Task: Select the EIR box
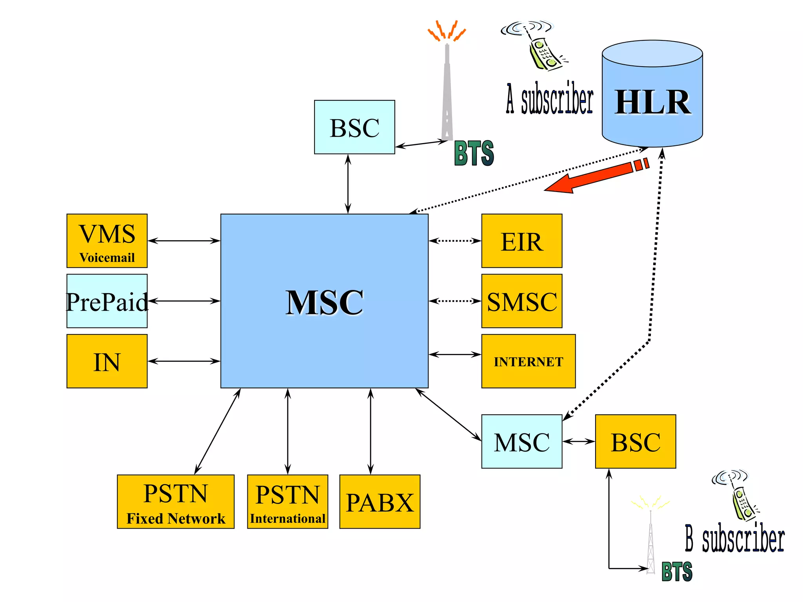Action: (x=521, y=241)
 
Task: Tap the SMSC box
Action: (x=521, y=301)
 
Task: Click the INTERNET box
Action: (x=528, y=361)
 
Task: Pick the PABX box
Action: (x=380, y=502)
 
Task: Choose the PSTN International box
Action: (x=287, y=502)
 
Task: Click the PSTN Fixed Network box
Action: (x=176, y=502)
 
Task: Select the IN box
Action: (x=107, y=361)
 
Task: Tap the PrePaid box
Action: (x=107, y=301)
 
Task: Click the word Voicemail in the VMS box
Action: (x=107, y=257)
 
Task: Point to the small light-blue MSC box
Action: (x=521, y=441)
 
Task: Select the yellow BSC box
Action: (x=635, y=441)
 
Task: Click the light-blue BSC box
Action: (x=354, y=127)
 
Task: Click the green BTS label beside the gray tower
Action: (x=474, y=153)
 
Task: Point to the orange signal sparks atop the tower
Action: (x=447, y=31)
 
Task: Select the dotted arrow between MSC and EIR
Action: (x=455, y=241)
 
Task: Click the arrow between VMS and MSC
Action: (x=183, y=241)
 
